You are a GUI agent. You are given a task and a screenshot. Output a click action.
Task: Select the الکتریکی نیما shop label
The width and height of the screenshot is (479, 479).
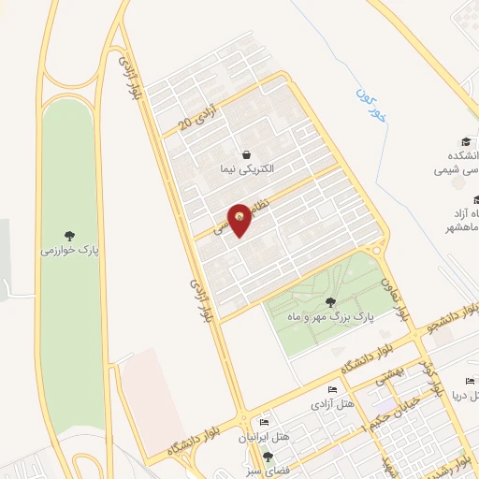click(245, 169)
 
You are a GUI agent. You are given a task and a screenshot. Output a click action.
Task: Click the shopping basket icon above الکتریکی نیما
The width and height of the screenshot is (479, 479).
click(245, 154)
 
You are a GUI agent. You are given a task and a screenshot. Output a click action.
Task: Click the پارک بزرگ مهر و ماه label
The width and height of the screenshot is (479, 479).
click(330, 317)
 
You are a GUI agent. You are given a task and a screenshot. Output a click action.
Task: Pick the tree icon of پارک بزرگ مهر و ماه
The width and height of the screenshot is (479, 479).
click(330, 301)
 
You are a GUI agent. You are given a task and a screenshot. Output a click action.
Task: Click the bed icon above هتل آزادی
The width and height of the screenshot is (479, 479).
click(333, 389)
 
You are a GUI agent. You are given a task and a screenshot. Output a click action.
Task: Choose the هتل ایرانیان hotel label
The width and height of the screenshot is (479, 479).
click(265, 438)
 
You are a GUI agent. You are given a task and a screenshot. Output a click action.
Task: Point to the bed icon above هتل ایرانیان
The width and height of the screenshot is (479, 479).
click(265, 423)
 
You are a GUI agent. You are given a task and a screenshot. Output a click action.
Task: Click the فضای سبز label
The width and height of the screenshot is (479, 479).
click(269, 471)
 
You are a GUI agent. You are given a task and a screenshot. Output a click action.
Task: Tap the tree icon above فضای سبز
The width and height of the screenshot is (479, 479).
click(269, 457)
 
